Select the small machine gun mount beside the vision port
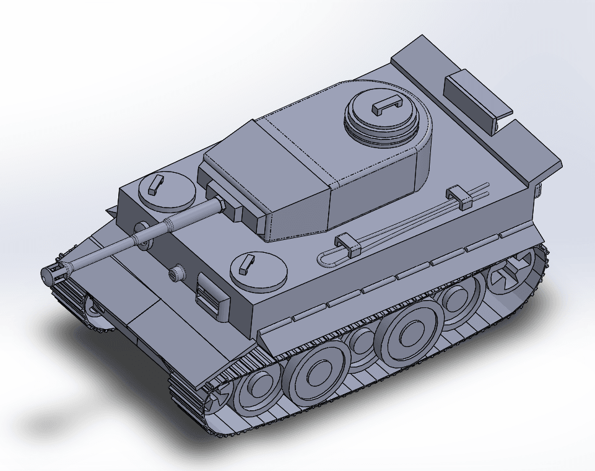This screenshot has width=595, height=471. pyautogui.click(x=178, y=273)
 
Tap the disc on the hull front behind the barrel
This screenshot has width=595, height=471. pyautogui.click(x=141, y=231)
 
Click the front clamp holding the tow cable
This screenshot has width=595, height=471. pyautogui.click(x=348, y=245)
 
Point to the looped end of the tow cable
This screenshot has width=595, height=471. pyautogui.click(x=327, y=257)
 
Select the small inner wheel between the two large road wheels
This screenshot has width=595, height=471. pyautogui.click(x=360, y=343)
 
